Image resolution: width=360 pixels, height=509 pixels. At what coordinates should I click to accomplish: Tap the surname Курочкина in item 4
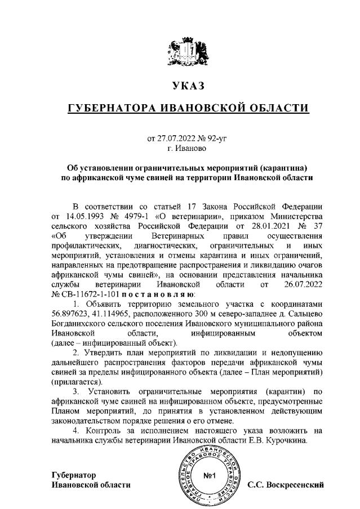pyautogui.click(x=286, y=441)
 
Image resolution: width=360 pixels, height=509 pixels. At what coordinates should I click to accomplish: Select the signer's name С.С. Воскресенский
pyautogui.click(x=286, y=484)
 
